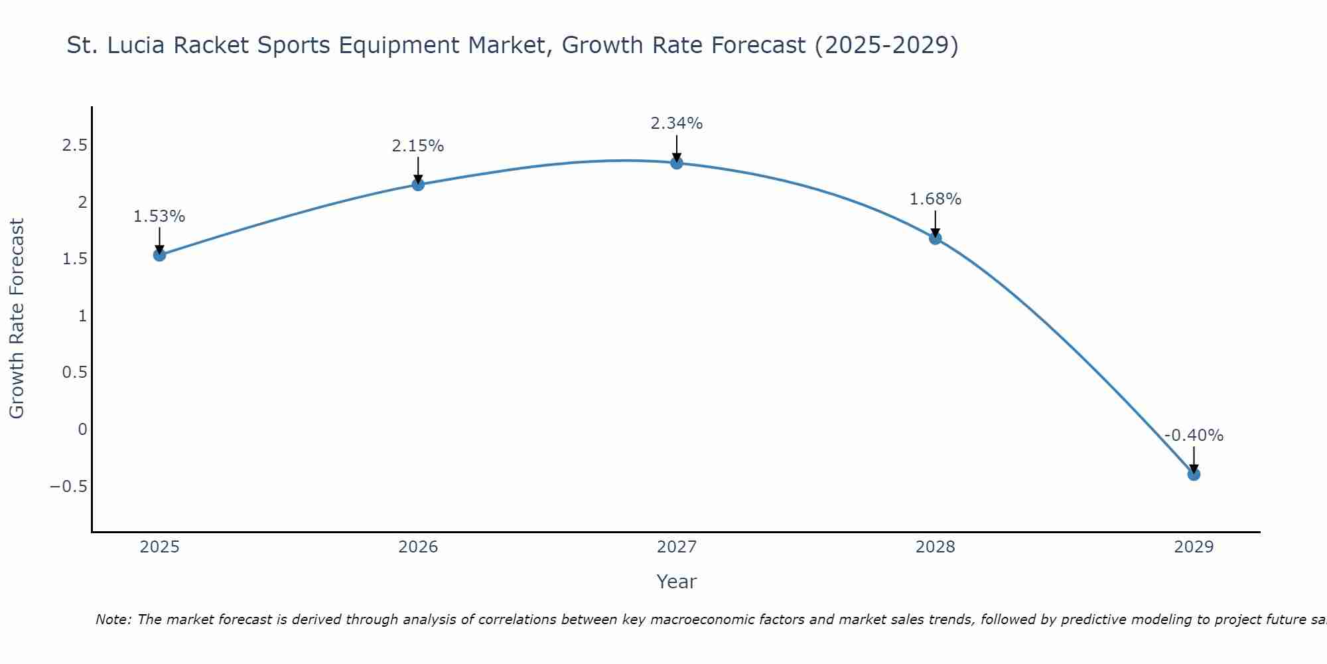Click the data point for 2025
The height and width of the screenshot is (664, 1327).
(x=159, y=254)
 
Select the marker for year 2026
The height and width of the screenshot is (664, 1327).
(x=418, y=184)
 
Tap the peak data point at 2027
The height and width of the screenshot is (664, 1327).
(x=677, y=163)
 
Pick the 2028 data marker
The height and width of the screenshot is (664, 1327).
(x=936, y=238)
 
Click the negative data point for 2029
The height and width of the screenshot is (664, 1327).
(x=1194, y=474)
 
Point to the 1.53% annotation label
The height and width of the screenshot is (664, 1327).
(x=159, y=216)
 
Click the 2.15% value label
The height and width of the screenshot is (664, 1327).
(x=418, y=146)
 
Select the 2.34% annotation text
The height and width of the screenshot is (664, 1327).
(x=677, y=124)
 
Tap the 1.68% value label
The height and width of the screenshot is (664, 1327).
(x=936, y=199)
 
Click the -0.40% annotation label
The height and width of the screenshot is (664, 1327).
(x=1194, y=436)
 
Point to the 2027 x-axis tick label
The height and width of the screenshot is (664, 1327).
(x=677, y=547)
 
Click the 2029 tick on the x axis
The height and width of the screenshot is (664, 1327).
(x=1194, y=547)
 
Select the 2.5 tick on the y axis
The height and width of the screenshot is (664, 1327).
(x=75, y=145)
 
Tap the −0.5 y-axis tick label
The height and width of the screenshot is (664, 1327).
(x=69, y=486)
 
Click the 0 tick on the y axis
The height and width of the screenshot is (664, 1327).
(x=82, y=430)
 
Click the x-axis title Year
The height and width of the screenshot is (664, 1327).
(x=677, y=582)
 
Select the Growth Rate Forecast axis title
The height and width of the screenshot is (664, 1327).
(x=17, y=319)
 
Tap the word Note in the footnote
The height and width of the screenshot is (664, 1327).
(x=113, y=620)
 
